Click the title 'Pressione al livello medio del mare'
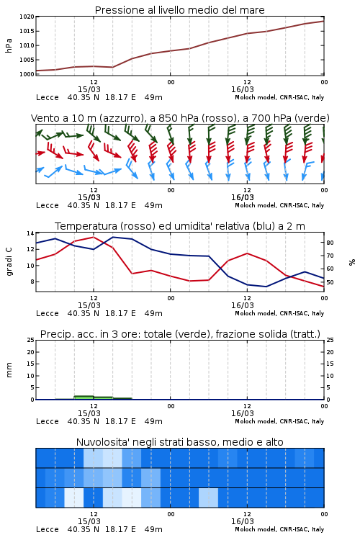[180, 10]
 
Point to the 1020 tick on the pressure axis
[27, 17]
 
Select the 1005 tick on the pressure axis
[27, 60]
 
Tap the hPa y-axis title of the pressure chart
[9, 45]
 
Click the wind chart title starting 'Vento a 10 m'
[180, 118]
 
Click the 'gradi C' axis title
[9, 262]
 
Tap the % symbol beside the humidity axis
[352, 262]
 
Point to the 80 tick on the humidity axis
[330, 243]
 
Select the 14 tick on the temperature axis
[30, 233]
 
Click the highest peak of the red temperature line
[94, 237]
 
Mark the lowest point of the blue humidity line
[266, 287]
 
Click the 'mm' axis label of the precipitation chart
[9, 370]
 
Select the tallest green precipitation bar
[84, 397]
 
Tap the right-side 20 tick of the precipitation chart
[330, 352]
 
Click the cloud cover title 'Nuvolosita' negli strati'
[180, 442]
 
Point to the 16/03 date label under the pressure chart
[243, 89]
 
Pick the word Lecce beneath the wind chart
[48, 205]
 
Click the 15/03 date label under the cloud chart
[89, 521]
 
